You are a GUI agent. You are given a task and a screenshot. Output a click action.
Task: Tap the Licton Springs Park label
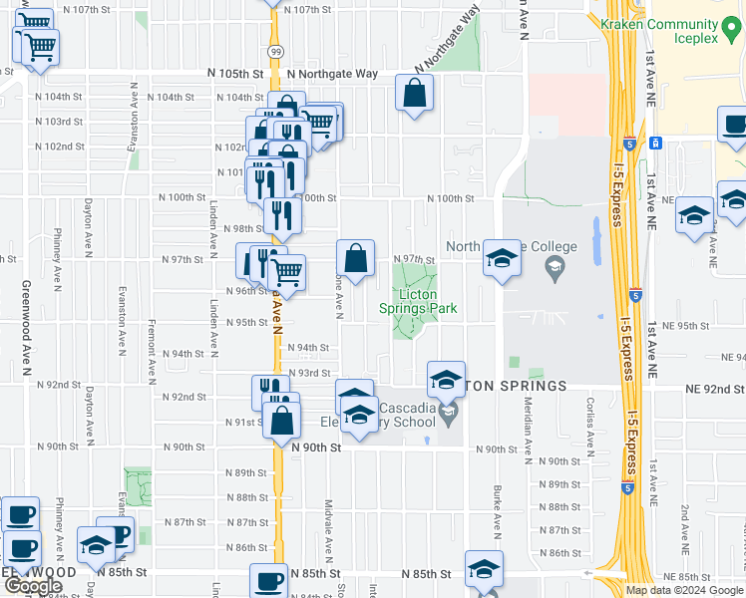pos(428,302)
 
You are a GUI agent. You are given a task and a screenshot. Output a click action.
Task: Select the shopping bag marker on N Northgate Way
pos(414,94)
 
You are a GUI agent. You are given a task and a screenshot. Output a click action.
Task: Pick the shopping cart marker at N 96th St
pos(286,271)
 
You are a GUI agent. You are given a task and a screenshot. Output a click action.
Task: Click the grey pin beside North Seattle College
pos(554,267)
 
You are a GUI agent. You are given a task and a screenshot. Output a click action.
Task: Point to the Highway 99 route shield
pos(274,51)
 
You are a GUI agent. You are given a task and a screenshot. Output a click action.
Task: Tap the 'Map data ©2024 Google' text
pos(685,590)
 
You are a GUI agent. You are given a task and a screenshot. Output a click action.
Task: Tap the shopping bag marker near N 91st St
pos(282,421)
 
